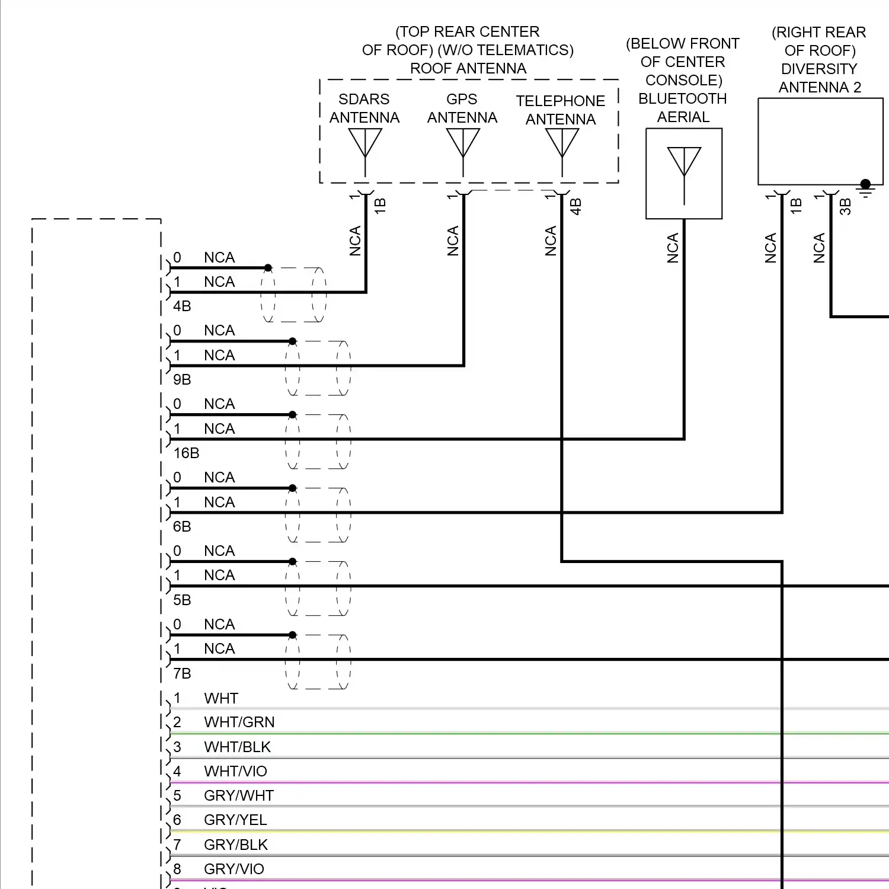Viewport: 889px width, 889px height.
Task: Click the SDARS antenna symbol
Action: [x=365, y=145]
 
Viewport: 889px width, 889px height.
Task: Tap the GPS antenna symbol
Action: [x=463, y=145]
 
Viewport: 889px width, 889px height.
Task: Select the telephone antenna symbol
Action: [x=562, y=145]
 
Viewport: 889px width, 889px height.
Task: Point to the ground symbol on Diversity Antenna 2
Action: [x=866, y=188]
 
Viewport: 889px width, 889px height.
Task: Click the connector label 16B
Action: [x=186, y=453]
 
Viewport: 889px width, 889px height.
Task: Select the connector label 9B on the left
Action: [x=182, y=380]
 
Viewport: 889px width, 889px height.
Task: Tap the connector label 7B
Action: [x=182, y=674]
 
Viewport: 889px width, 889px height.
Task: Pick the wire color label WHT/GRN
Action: [x=239, y=722]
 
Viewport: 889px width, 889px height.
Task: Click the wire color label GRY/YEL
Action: [x=235, y=820]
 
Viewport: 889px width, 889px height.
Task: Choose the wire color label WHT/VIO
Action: [x=235, y=772]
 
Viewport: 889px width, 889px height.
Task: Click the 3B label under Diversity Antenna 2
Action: [x=845, y=207]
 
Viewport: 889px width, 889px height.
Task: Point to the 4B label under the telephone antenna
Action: [x=575, y=207]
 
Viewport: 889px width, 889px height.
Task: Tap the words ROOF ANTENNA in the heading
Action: [x=468, y=69]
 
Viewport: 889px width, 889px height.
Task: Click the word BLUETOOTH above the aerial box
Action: [x=683, y=99]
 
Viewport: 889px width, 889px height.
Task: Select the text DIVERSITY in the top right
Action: [x=819, y=69]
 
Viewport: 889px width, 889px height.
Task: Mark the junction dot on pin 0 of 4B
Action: [x=268, y=268]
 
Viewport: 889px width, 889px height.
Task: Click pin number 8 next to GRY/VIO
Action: [x=177, y=869]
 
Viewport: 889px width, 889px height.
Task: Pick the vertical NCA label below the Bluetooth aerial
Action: [x=673, y=248]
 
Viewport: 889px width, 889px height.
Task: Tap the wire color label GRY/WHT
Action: [x=239, y=796]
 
